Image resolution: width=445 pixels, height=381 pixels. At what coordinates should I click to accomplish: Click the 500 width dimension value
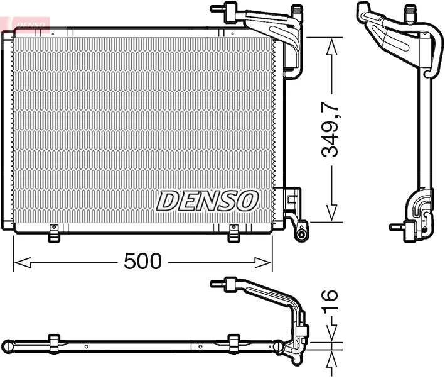pyautogui.click(x=142, y=261)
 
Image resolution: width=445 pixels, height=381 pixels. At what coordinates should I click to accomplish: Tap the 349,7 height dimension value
pyautogui.click(x=330, y=130)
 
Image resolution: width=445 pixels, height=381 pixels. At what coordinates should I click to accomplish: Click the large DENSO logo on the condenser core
pyautogui.click(x=207, y=201)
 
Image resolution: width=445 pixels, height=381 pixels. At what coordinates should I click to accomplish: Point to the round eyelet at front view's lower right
pyautogui.click(x=302, y=235)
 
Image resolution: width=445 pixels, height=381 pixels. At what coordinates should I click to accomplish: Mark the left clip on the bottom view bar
pyautogui.click(x=54, y=343)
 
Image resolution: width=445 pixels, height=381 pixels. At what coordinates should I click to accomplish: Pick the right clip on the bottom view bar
pyautogui.click(x=233, y=343)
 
